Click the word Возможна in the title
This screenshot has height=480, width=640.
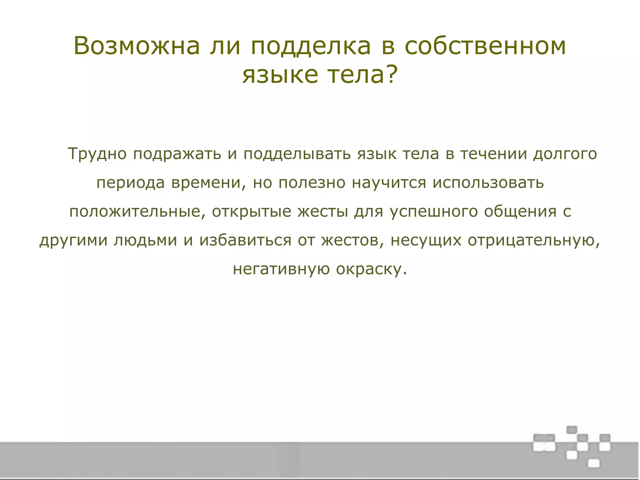pos(137,46)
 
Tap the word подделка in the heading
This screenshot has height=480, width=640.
pos(311,47)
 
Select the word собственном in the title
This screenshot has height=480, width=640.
pos(485,46)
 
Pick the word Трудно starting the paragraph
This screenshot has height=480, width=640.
pos(97,154)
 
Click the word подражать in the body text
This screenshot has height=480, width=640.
pos(177,154)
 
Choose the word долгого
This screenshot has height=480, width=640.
pos(565,154)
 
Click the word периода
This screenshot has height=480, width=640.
pos(130,183)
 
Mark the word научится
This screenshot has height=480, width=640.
pos(389,183)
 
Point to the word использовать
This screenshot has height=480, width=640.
pos(488,182)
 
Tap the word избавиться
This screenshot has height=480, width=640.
pos(245,240)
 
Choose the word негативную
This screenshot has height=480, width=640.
pos(281,269)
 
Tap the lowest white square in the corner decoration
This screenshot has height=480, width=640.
pos(593,463)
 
